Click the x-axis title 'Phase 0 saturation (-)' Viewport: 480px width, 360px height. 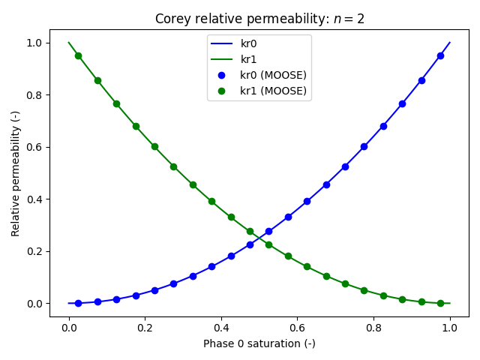pyautogui.click(x=259, y=343)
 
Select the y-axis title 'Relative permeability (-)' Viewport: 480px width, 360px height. pyautogui.click(x=16, y=173)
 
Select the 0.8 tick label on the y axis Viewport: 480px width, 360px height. pyautogui.click(x=35, y=94)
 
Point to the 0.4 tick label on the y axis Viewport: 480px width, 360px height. pyautogui.click(x=35, y=199)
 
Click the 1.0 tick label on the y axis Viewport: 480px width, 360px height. pyautogui.click(x=35, y=43)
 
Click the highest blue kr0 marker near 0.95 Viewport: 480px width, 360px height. pyautogui.click(x=440, y=55)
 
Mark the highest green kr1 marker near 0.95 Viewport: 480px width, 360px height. pyautogui.click(x=78, y=55)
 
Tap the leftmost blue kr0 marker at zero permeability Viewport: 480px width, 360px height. pyautogui.click(x=78, y=303)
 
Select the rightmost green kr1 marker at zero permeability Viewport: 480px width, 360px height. pyautogui.click(x=440, y=303)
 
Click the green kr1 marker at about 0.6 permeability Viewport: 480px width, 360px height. pyautogui.click(x=154, y=146)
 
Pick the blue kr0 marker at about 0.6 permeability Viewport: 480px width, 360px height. pyautogui.click(x=364, y=146)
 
